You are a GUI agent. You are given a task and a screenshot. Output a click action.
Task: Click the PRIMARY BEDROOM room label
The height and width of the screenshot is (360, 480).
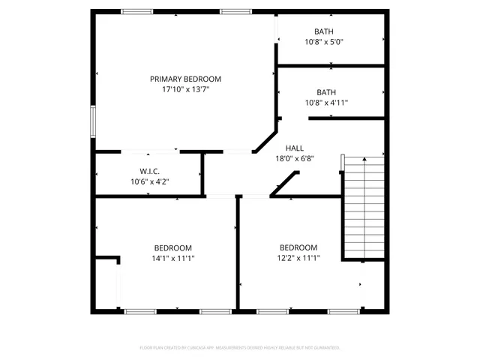pyautogui.click(x=185, y=79)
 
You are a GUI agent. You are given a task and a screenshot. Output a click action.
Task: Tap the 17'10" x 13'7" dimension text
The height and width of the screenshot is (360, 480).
pyautogui.click(x=185, y=89)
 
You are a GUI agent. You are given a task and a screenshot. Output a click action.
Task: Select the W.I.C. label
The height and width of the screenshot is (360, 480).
pyautogui.click(x=149, y=171)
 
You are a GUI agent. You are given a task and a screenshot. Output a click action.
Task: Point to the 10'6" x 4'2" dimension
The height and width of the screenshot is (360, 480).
pyautogui.click(x=149, y=181)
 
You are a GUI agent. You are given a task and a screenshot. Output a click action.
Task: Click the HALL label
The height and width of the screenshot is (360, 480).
pyautogui.click(x=294, y=148)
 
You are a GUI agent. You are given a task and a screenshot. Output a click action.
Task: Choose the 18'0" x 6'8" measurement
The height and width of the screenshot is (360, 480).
pyautogui.click(x=294, y=158)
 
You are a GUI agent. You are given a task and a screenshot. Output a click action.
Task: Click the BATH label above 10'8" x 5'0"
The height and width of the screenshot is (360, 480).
pyautogui.click(x=324, y=31)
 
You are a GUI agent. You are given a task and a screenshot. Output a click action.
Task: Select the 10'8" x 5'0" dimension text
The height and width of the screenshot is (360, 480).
pyautogui.click(x=324, y=42)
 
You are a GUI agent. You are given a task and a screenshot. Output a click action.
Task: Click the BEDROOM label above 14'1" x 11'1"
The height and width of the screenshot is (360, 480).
pyautogui.click(x=173, y=248)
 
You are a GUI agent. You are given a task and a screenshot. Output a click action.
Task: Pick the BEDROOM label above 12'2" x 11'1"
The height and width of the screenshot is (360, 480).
pyautogui.click(x=298, y=247)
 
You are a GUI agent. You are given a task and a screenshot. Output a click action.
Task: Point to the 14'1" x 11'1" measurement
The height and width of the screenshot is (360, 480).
pyautogui.click(x=173, y=259)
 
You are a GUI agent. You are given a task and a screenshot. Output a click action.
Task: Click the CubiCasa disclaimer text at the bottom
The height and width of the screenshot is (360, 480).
pyautogui.click(x=240, y=348)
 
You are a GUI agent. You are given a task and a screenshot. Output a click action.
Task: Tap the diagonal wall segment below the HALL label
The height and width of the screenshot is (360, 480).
pyautogui.click(x=284, y=184)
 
